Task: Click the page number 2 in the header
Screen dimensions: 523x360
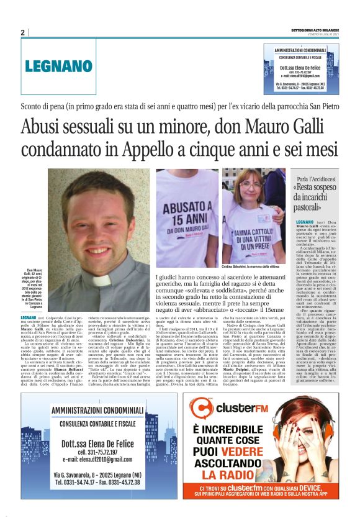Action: click(23, 32)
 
